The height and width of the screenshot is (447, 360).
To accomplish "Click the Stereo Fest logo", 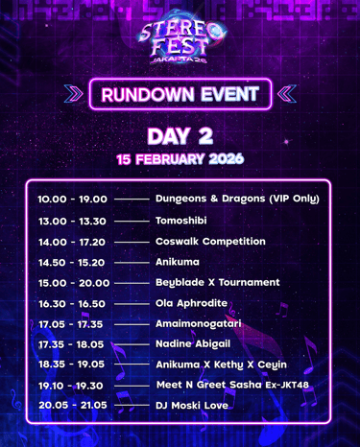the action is tap(181, 39).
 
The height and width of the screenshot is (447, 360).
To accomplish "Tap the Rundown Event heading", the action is tap(180, 94).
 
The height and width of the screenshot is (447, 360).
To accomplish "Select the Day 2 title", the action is tap(180, 136).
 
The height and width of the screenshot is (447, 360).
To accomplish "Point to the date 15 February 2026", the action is tap(180, 159).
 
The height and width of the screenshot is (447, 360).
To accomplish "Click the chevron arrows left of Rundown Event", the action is tap(73, 94).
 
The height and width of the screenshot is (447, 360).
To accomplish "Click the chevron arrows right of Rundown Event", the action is tap(287, 94).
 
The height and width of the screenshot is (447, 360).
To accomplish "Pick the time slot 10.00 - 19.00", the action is tap(72, 200).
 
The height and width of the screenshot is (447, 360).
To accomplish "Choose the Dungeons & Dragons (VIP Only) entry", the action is tap(237, 199).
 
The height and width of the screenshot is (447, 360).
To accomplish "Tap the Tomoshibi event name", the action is tap(181, 221).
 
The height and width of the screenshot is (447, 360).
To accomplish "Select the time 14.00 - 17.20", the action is tap(72, 243).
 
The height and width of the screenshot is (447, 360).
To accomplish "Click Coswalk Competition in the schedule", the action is tap(210, 242).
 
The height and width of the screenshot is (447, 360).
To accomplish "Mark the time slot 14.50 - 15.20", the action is tap(71, 263).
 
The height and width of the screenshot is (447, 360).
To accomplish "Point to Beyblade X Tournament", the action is tap(218, 283).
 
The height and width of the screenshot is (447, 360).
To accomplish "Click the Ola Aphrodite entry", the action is tap(191, 303).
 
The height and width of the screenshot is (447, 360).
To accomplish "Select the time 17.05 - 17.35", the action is tap(70, 324).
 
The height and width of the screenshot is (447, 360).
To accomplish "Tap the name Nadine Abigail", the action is tap(193, 344).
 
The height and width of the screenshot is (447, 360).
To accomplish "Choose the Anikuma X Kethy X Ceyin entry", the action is tap(221, 365).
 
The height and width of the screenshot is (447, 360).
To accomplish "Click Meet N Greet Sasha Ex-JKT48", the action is tap(232, 385).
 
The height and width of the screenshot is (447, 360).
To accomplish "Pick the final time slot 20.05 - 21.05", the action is tap(73, 406).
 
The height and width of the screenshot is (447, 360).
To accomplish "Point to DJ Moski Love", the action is tap(192, 406).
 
